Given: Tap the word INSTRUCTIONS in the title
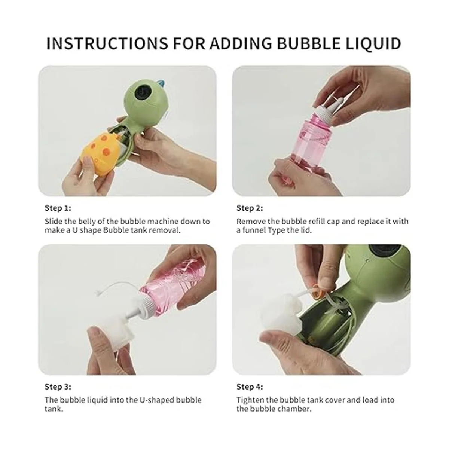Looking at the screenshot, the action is (x=107, y=43).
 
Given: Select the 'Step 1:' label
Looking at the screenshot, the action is (x=58, y=208).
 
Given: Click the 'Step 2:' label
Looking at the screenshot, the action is (x=250, y=208).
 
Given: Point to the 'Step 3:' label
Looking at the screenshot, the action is (x=58, y=387).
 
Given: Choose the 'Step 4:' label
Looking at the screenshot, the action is (x=250, y=387).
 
